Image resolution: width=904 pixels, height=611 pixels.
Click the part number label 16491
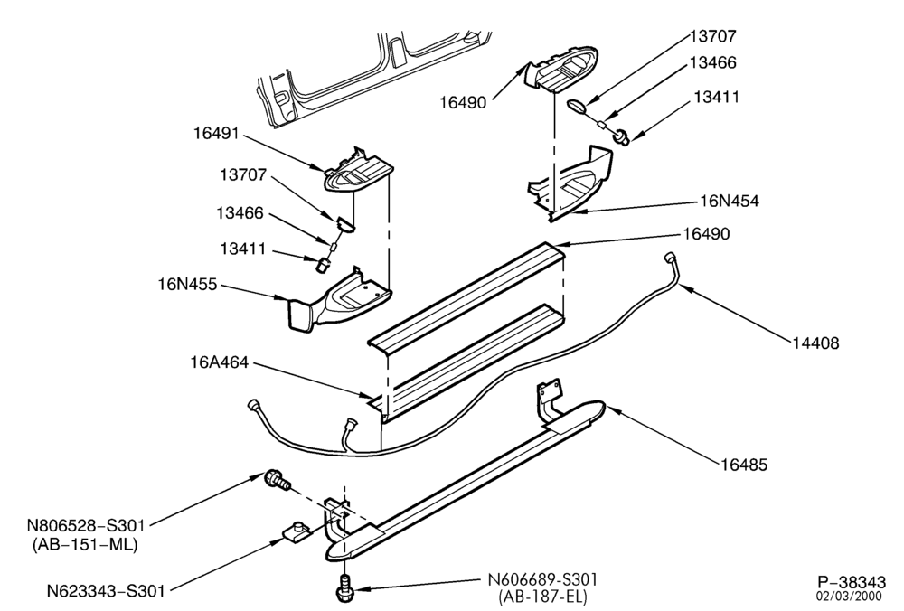[216, 133]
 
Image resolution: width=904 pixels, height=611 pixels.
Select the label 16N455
[188, 284]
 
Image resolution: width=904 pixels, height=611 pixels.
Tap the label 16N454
[730, 201]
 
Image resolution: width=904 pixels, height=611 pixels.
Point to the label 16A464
[219, 362]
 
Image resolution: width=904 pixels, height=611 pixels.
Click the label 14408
[815, 343]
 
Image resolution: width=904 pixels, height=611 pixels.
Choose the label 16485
[744, 464]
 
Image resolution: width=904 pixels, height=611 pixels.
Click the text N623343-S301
[106, 591]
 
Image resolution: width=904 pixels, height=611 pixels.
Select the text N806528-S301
[86, 525]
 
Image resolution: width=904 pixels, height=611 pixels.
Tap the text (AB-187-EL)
[542, 596]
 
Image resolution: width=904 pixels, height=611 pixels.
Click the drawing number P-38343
[851, 581]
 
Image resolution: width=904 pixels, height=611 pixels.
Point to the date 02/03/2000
[851, 596]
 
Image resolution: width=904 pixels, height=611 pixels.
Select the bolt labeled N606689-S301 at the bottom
[344, 587]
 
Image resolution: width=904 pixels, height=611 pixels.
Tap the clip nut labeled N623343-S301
[296, 531]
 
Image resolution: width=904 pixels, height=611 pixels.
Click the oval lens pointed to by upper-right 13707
[577, 106]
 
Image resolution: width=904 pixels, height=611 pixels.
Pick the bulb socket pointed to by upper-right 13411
[622, 137]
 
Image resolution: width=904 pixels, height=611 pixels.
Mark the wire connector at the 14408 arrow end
[671, 257]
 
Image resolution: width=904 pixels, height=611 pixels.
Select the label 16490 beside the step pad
[706, 233]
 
